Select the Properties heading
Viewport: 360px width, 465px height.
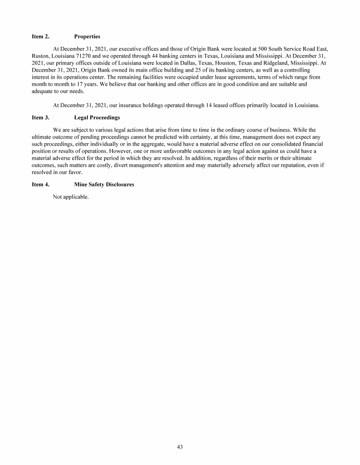coord(87,36)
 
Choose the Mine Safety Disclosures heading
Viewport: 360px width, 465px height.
coord(104,185)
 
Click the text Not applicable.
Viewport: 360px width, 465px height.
coord(71,197)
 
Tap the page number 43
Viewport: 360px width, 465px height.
coord(180,447)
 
